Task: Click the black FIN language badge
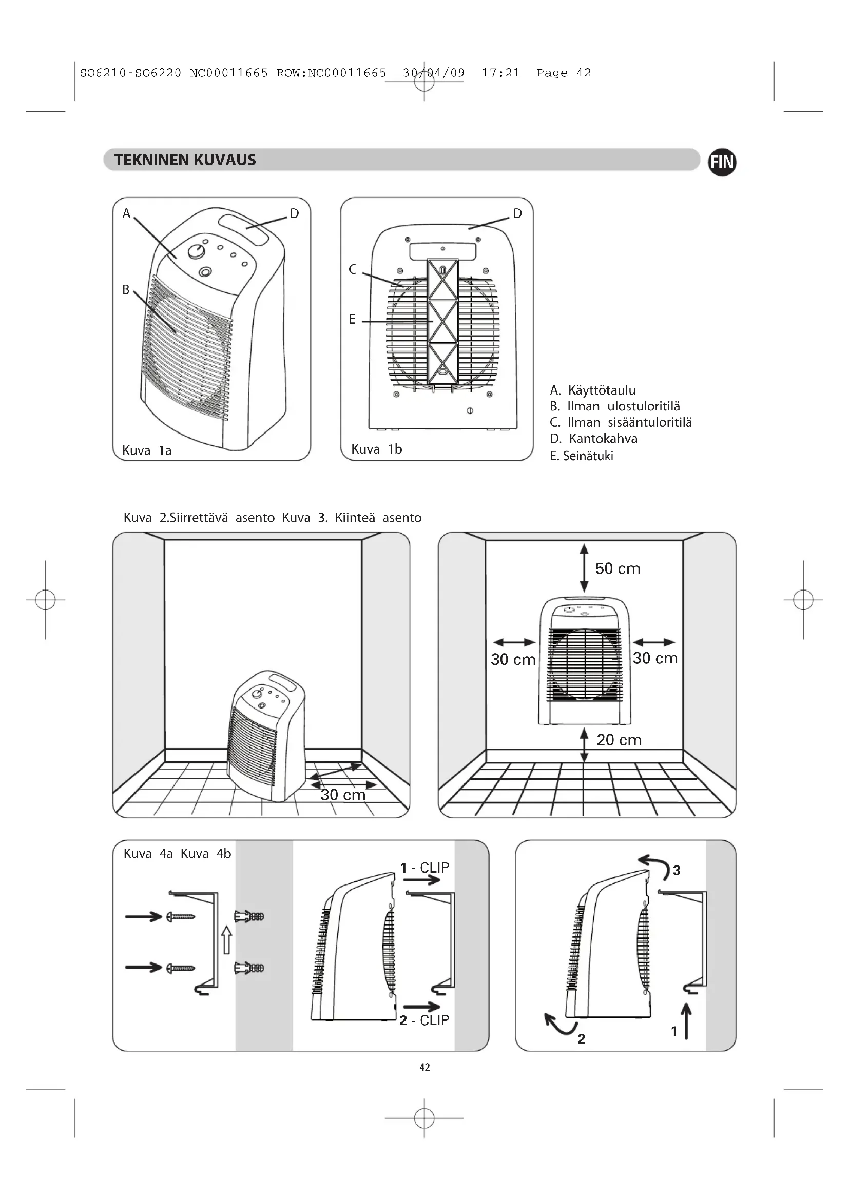click(x=722, y=162)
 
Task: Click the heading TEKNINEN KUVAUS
click(x=185, y=160)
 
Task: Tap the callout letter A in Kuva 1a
click(x=126, y=213)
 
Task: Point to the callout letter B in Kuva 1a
click(x=126, y=289)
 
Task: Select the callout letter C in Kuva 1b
click(x=352, y=269)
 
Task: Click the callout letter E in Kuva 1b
click(x=352, y=319)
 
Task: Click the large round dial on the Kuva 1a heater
click(x=196, y=251)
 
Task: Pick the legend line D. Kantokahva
click(x=593, y=439)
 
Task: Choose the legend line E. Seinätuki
click(x=582, y=456)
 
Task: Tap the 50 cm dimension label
click(x=618, y=568)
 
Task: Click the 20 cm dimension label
click(x=619, y=740)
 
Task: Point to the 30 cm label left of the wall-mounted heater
click(x=513, y=660)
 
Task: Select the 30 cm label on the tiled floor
click(x=343, y=795)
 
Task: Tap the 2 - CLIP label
click(x=424, y=1020)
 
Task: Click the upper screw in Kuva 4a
click(x=181, y=916)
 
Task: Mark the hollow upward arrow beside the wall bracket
click(x=226, y=939)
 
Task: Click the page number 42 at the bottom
click(x=424, y=1067)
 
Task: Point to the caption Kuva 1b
click(x=376, y=449)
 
